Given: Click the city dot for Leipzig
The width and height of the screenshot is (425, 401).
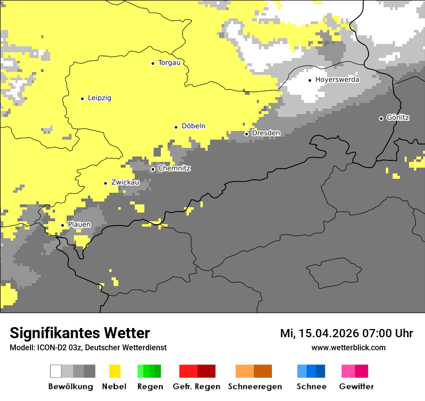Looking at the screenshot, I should pyautogui.click(x=82, y=99).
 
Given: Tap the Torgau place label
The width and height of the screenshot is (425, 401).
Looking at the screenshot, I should pyautogui.click(x=169, y=63).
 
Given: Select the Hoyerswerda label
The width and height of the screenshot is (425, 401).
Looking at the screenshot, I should pyautogui.click(x=337, y=80).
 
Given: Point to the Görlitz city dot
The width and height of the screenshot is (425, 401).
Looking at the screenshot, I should pyautogui.click(x=381, y=118).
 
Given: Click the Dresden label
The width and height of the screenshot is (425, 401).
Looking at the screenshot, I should pyautogui.click(x=266, y=133).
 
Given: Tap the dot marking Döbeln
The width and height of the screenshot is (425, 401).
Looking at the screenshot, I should pyautogui.click(x=176, y=127).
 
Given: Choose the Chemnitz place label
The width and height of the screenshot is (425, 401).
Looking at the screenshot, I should pyautogui.click(x=174, y=169).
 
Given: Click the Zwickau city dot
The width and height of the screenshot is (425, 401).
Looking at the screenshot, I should pyautogui.click(x=105, y=183).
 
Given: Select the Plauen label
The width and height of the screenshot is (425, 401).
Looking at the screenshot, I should pyautogui.click(x=79, y=225).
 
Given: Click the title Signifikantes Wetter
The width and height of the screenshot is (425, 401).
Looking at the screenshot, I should pyautogui.click(x=80, y=333).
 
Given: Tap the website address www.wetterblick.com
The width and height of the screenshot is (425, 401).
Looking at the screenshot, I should pyautogui.click(x=348, y=348).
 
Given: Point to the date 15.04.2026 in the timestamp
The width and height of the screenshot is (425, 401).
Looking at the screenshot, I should pyautogui.click(x=327, y=333).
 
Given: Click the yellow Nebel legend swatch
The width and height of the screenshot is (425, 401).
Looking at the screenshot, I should pyautogui.click(x=114, y=371).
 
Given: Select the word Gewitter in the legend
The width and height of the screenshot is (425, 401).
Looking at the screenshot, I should pyautogui.click(x=356, y=387).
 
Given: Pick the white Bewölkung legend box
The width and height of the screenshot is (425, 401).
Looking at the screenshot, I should pyautogui.click(x=56, y=371).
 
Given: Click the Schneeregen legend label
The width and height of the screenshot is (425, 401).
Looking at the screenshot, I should pyautogui.click(x=255, y=387).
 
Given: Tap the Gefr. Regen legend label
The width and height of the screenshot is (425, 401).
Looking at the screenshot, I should pyautogui.click(x=196, y=387).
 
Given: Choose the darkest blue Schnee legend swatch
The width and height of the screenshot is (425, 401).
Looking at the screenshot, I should pyautogui.click(x=320, y=371).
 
